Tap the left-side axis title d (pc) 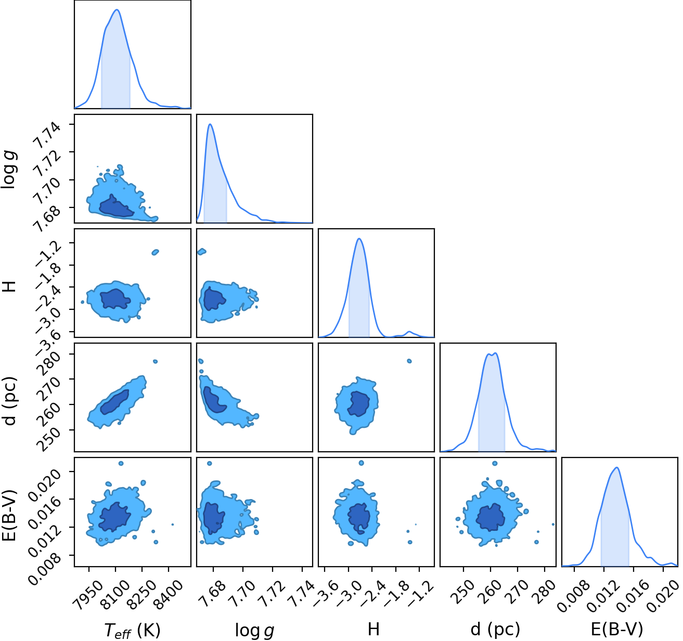(x=10, y=401)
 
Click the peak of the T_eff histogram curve (x=117, y=10)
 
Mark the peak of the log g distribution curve (x=210, y=124)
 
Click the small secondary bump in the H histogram (x=409, y=332)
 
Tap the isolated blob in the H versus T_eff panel (x=156, y=252)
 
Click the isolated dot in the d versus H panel (x=409, y=361)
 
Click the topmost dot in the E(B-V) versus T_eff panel (x=121, y=463)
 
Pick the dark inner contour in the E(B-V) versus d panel (x=490, y=518)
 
